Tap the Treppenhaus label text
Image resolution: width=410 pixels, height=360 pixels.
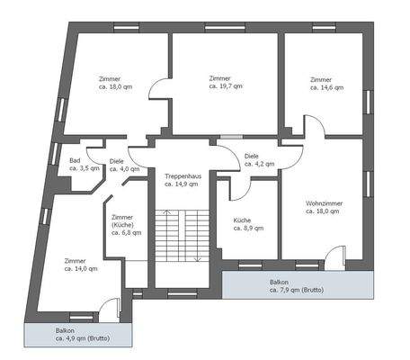pyautogui.click(x=181, y=175)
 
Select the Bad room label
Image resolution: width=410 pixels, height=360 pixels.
pyautogui.click(x=76, y=161)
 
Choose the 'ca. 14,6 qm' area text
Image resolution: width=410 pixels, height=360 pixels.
pyautogui.click(x=321, y=87)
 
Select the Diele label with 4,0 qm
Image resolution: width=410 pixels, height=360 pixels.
pyautogui.click(x=116, y=161)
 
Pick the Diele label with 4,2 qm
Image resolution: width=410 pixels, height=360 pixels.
pyautogui.click(x=252, y=157)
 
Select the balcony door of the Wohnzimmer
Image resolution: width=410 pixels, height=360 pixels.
pyautogui.click(x=334, y=256)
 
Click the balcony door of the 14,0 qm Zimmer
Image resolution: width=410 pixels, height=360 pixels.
pyautogui.click(x=108, y=309)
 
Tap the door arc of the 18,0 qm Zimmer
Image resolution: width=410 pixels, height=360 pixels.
pyautogui.click(x=158, y=90)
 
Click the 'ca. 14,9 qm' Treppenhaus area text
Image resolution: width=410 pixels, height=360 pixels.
pyautogui.click(x=181, y=184)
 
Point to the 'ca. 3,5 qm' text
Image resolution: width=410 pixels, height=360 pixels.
pyautogui.click(x=84, y=168)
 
